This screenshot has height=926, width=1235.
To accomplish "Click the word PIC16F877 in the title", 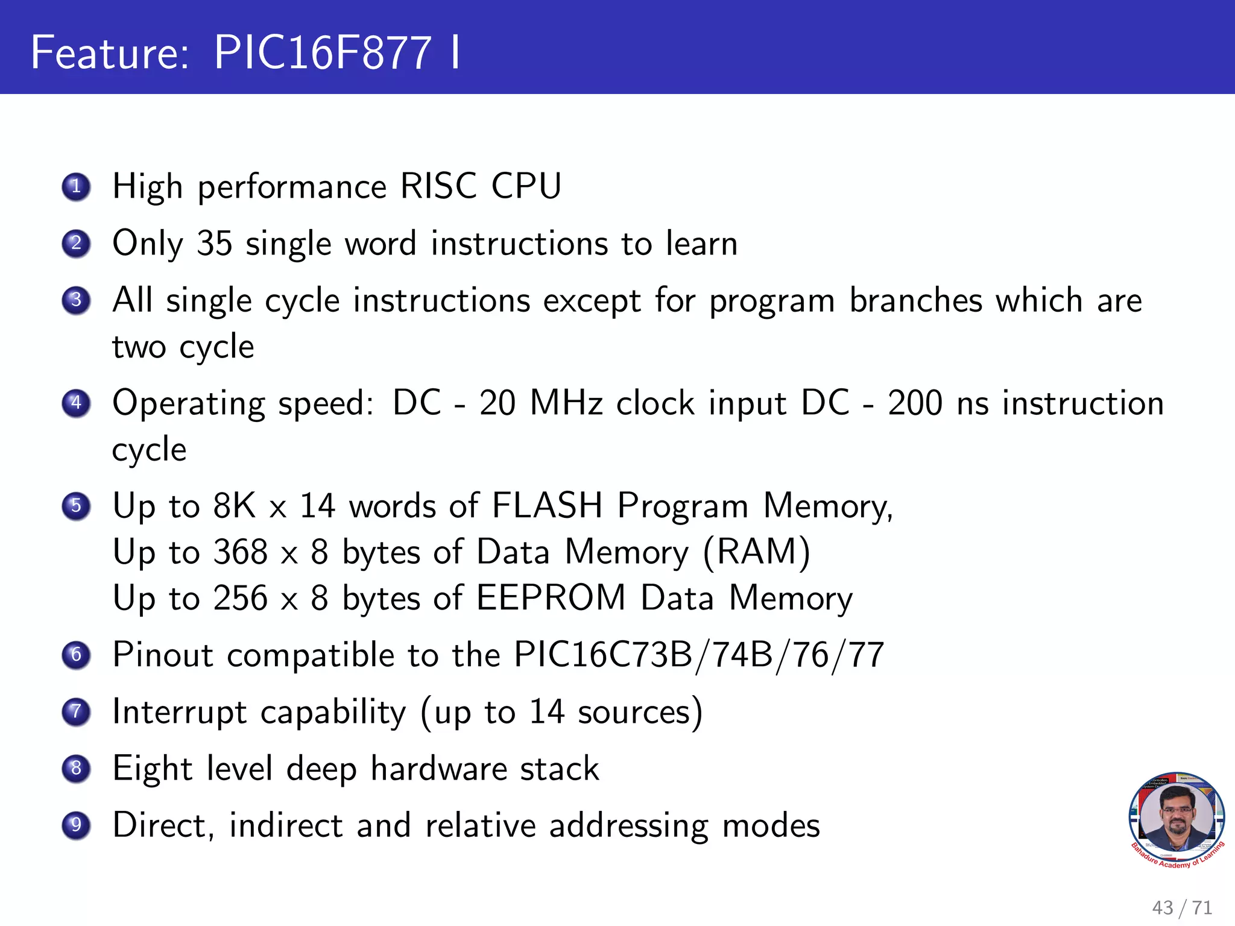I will click(323, 52).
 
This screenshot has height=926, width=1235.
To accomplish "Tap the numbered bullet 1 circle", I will click(76, 186).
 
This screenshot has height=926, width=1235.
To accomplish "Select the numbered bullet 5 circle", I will click(76, 506).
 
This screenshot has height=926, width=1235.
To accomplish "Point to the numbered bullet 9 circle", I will click(76, 825).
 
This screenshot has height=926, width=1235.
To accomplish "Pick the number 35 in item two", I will click(215, 244).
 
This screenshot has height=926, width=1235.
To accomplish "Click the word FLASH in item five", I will click(547, 505).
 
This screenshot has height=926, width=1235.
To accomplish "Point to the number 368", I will click(241, 552).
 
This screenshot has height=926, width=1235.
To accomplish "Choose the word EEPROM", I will click(551, 598).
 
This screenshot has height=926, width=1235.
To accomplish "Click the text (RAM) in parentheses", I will click(757, 552).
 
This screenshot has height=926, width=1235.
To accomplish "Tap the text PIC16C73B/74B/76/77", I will click(699, 655).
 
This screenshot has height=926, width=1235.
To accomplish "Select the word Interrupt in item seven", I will click(180, 712).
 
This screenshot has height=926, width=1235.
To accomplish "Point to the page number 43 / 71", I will click(1182, 907).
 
